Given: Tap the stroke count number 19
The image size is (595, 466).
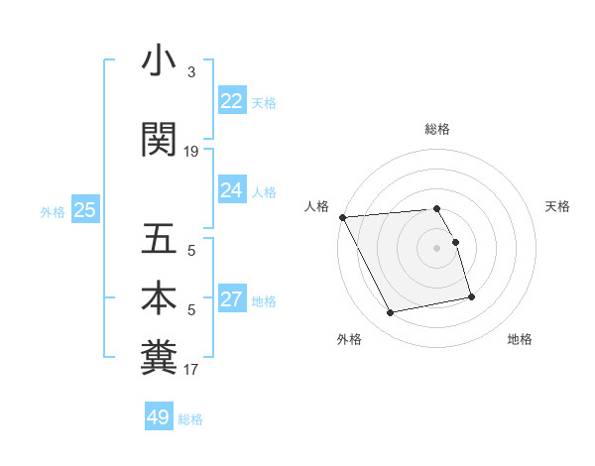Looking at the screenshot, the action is (191, 152).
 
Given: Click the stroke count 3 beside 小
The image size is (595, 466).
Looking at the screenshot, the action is (191, 73).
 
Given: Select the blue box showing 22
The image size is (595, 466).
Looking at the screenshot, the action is (231, 101).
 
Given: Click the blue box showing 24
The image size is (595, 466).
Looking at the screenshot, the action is (231, 190).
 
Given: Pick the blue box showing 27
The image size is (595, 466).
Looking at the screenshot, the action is (231, 299).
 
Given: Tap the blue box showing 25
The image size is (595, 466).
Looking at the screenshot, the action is (84, 210).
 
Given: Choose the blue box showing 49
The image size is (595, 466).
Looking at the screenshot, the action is (159, 417).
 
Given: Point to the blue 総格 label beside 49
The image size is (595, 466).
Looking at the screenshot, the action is (190, 419).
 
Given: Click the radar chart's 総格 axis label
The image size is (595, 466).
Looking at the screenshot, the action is (437, 129).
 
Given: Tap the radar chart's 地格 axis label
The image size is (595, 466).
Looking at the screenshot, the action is (520, 339).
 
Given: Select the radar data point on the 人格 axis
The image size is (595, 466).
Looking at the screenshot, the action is (342, 217).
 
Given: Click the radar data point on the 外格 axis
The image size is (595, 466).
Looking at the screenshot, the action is (391, 313).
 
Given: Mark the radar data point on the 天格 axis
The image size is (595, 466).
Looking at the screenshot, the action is (455, 242).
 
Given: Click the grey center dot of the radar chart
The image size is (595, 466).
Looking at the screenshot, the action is (436, 248).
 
